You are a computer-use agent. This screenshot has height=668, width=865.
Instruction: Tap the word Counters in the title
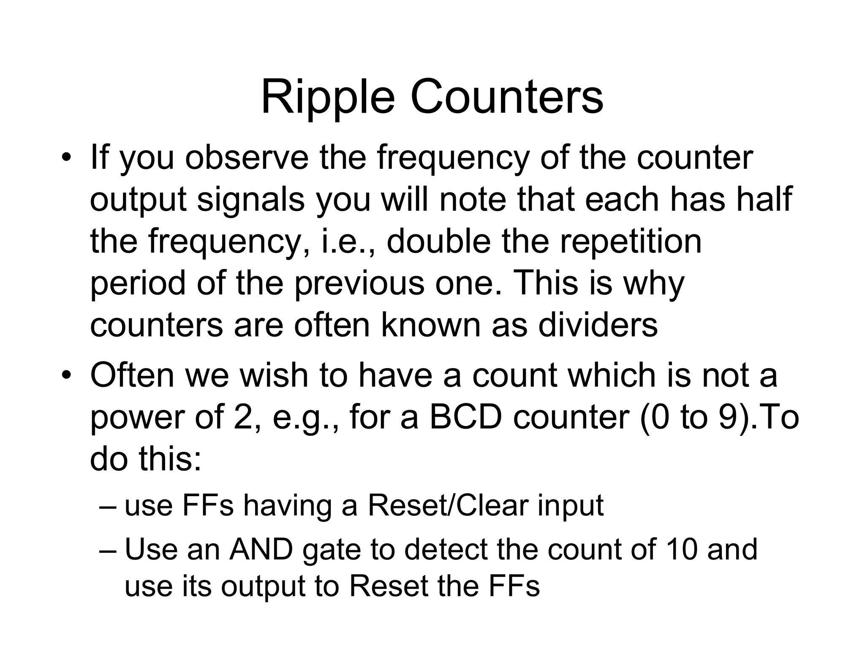click(x=506, y=98)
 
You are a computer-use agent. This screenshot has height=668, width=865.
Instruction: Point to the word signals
click(x=250, y=200)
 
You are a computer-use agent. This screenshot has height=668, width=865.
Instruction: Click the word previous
click(x=359, y=283)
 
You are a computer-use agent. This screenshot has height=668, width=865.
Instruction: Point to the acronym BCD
click(x=466, y=417)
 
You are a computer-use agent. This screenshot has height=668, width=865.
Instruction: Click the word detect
click(x=446, y=549)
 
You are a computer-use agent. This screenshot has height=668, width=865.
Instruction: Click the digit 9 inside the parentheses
click(x=726, y=417)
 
